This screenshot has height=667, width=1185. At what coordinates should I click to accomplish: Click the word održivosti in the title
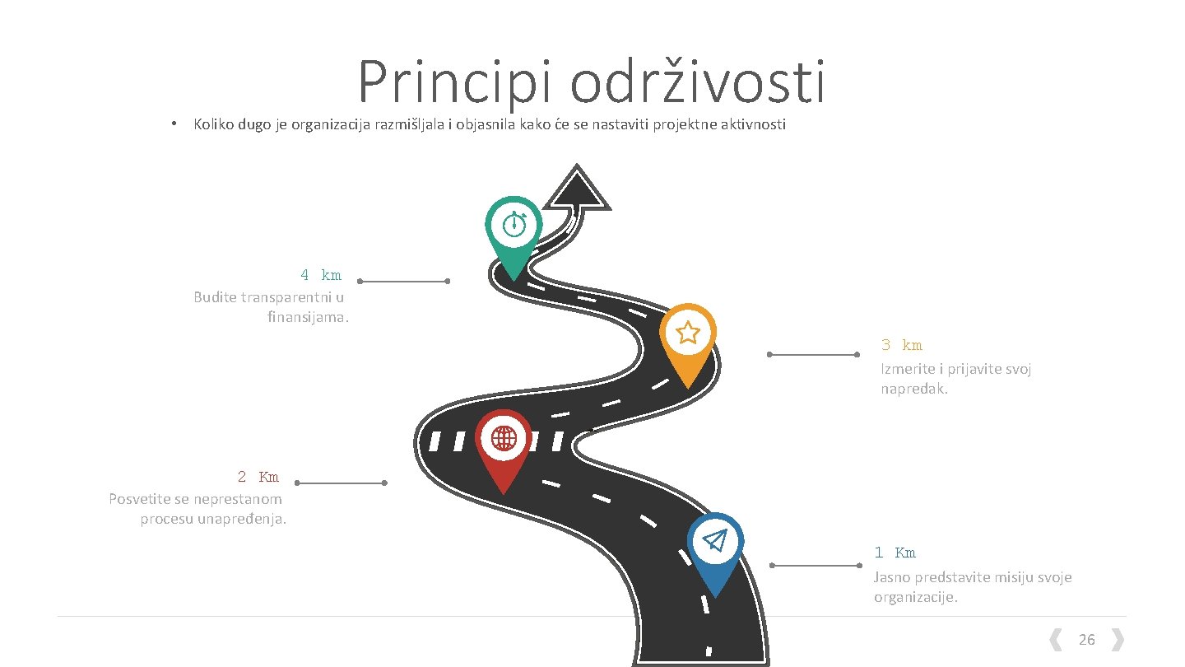pos(697,83)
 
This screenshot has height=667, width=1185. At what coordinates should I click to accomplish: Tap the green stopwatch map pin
pos(513,226)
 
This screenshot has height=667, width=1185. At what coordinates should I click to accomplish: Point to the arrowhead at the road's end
pos(577,189)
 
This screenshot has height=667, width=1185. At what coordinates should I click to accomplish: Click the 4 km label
pos(320,275)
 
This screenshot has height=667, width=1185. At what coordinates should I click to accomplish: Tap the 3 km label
pos(901,346)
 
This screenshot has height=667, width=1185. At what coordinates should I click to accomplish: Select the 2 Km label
pos(258,477)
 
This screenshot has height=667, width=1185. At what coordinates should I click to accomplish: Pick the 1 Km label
pos(895,553)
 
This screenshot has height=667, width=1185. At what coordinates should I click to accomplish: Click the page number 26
pos(1086,640)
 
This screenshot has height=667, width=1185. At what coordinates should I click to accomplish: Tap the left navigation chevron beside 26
pos(1054,640)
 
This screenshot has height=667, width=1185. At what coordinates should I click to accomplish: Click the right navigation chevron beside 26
pos(1118,640)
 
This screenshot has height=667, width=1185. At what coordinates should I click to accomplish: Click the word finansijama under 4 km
pos(308,317)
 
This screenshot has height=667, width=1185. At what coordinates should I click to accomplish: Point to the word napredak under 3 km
pos(914,389)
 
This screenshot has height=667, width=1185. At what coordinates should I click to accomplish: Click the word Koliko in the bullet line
pos(212,125)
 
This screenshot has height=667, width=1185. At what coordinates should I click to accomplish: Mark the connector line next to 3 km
pos(813,355)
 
